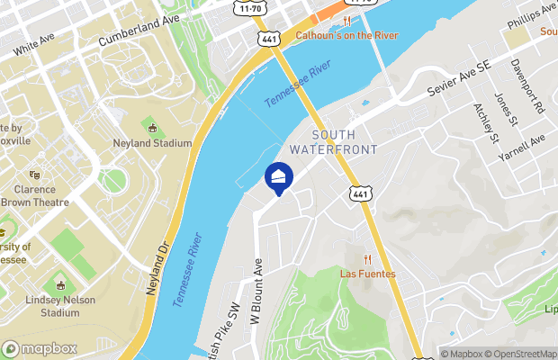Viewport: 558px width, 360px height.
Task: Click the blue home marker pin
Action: tap(279, 176)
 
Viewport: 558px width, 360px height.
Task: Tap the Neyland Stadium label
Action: tap(154, 143)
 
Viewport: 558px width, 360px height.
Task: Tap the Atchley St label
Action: tap(486, 124)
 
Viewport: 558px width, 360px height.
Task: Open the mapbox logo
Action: tap(37, 348)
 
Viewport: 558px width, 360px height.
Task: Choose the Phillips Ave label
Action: tap(531, 12)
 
